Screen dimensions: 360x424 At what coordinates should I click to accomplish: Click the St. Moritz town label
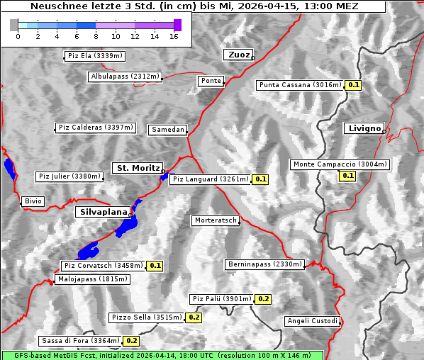(137, 168)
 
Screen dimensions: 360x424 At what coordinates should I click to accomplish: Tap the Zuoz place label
(237, 55)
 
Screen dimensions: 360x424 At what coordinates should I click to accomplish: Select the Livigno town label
(363, 128)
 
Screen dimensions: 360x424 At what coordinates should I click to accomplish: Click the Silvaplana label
(104, 212)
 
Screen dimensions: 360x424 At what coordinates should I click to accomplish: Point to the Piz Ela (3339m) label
(94, 56)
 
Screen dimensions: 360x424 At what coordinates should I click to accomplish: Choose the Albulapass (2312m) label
(125, 77)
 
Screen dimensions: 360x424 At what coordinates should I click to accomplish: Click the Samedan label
(167, 130)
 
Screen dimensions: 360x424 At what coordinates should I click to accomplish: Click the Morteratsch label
(216, 220)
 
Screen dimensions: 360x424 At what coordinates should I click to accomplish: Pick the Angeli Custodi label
(313, 321)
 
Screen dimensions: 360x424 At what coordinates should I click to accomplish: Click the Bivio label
(33, 201)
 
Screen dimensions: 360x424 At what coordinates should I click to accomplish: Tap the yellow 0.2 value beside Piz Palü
(263, 299)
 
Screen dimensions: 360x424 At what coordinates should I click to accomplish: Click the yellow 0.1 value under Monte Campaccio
(347, 175)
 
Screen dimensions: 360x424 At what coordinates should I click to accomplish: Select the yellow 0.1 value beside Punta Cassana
(354, 85)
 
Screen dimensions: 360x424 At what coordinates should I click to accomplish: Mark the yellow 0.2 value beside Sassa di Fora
(131, 341)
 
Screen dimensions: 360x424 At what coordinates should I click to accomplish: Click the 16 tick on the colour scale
(174, 36)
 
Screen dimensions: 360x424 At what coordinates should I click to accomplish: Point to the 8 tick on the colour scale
(96, 36)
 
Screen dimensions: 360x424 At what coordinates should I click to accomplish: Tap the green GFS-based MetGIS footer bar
(162, 355)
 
